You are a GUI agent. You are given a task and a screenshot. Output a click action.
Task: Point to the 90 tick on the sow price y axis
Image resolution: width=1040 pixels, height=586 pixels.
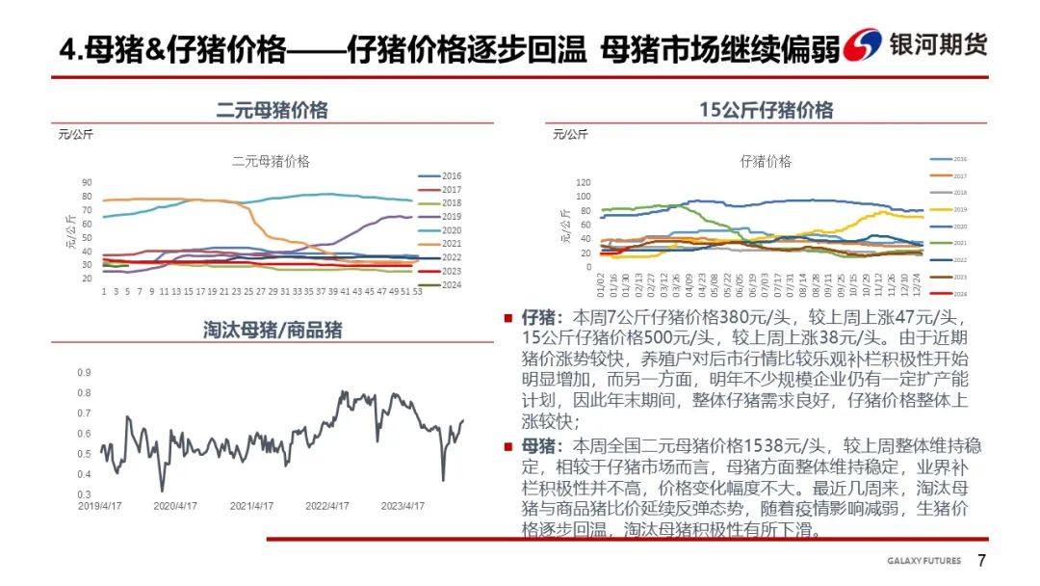click(x=87, y=183)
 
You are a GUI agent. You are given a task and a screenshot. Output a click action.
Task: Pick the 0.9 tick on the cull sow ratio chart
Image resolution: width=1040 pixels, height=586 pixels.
click(x=84, y=372)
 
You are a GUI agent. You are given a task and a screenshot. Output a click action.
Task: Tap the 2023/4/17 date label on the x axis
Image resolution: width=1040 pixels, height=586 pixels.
click(x=403, y=505)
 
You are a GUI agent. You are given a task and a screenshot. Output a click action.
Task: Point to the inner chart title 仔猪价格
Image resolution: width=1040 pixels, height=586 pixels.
click(x=766, y=161)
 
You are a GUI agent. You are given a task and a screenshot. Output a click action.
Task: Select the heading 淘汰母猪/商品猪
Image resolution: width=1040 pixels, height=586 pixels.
click(x=273, y=330)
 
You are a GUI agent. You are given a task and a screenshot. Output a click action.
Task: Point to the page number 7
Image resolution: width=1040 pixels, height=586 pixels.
click(x=981, y=561)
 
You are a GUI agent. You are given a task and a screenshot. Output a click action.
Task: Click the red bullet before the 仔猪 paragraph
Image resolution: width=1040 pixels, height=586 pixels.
click(x=507, y=316)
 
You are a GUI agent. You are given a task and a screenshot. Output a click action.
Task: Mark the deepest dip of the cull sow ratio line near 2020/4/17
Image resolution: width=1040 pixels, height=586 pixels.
click(x=162, y=491)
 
